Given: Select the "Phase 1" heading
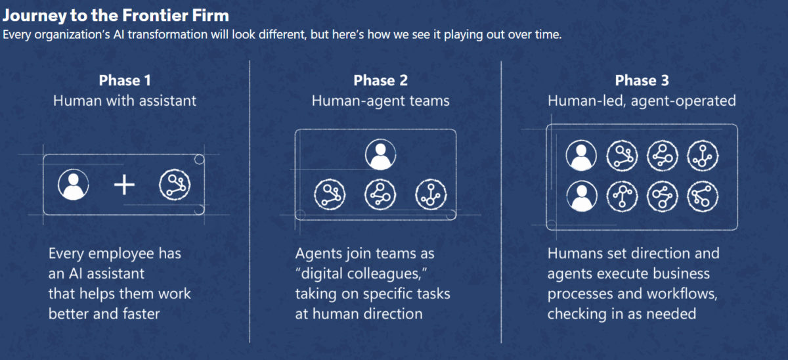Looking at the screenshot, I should (125, 81).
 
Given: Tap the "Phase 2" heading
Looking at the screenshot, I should (380, 81).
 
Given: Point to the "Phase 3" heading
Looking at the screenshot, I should (642, 81).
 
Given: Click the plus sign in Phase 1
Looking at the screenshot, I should (123, 185).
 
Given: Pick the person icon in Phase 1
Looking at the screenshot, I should (73, 185).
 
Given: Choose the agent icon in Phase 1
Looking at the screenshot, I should (175, 185).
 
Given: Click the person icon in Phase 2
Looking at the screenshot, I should (380, 155).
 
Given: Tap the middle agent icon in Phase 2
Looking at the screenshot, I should (380, 193).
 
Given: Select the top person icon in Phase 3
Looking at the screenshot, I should (581, 156).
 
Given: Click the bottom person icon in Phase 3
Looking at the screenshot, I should (581, 195).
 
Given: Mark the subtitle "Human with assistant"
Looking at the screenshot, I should (125, 101).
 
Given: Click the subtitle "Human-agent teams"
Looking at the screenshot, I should (380, 101).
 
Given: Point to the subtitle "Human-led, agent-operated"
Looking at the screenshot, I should (642, 101).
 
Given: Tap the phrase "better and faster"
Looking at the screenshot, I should (104, 313).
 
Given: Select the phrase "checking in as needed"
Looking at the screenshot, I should (622, 313).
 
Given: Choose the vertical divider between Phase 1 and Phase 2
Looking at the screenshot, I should (250, 197).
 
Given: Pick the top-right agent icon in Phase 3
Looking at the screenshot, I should (703, 156).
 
